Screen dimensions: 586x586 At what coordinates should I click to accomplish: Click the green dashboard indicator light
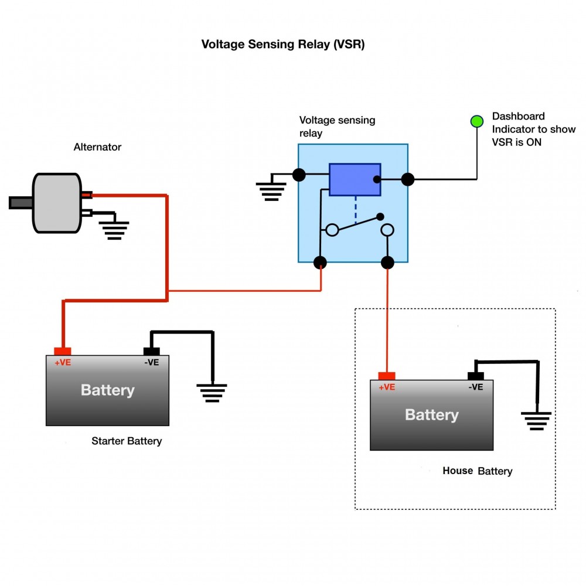(477, 121)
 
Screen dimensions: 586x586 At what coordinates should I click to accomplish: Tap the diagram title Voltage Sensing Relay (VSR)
(283, 45)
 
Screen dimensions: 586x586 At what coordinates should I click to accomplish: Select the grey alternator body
(56, 203)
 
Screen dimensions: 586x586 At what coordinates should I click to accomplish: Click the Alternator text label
(97, 147)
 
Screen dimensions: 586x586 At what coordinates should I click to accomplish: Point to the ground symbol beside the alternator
(114, 230)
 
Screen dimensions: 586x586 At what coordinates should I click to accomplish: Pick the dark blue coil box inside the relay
(355, 179)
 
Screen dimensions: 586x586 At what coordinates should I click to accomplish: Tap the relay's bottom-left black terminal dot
(320, 262)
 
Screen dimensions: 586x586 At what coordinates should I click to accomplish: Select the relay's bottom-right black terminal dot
(387, 262)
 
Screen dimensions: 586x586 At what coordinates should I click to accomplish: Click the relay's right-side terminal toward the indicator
(408, 179)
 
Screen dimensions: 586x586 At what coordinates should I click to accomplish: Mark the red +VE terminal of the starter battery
(62, 352)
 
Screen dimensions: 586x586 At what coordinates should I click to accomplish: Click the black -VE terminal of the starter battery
(151, 352)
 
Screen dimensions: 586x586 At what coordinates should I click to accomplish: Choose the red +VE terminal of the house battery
(387, 376)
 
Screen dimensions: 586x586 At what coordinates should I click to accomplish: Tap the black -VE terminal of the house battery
(475, 376)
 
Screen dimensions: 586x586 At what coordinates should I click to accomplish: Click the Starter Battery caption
(127, 441)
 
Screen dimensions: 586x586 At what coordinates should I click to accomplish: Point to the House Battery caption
(478, 471)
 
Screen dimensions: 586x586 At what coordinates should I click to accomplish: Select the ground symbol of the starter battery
(212, 392)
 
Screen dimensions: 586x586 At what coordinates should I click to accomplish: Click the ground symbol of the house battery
(536, 420)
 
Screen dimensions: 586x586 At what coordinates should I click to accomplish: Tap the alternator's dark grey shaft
(21, 203)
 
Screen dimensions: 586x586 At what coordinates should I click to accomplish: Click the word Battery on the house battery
(431, 415)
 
